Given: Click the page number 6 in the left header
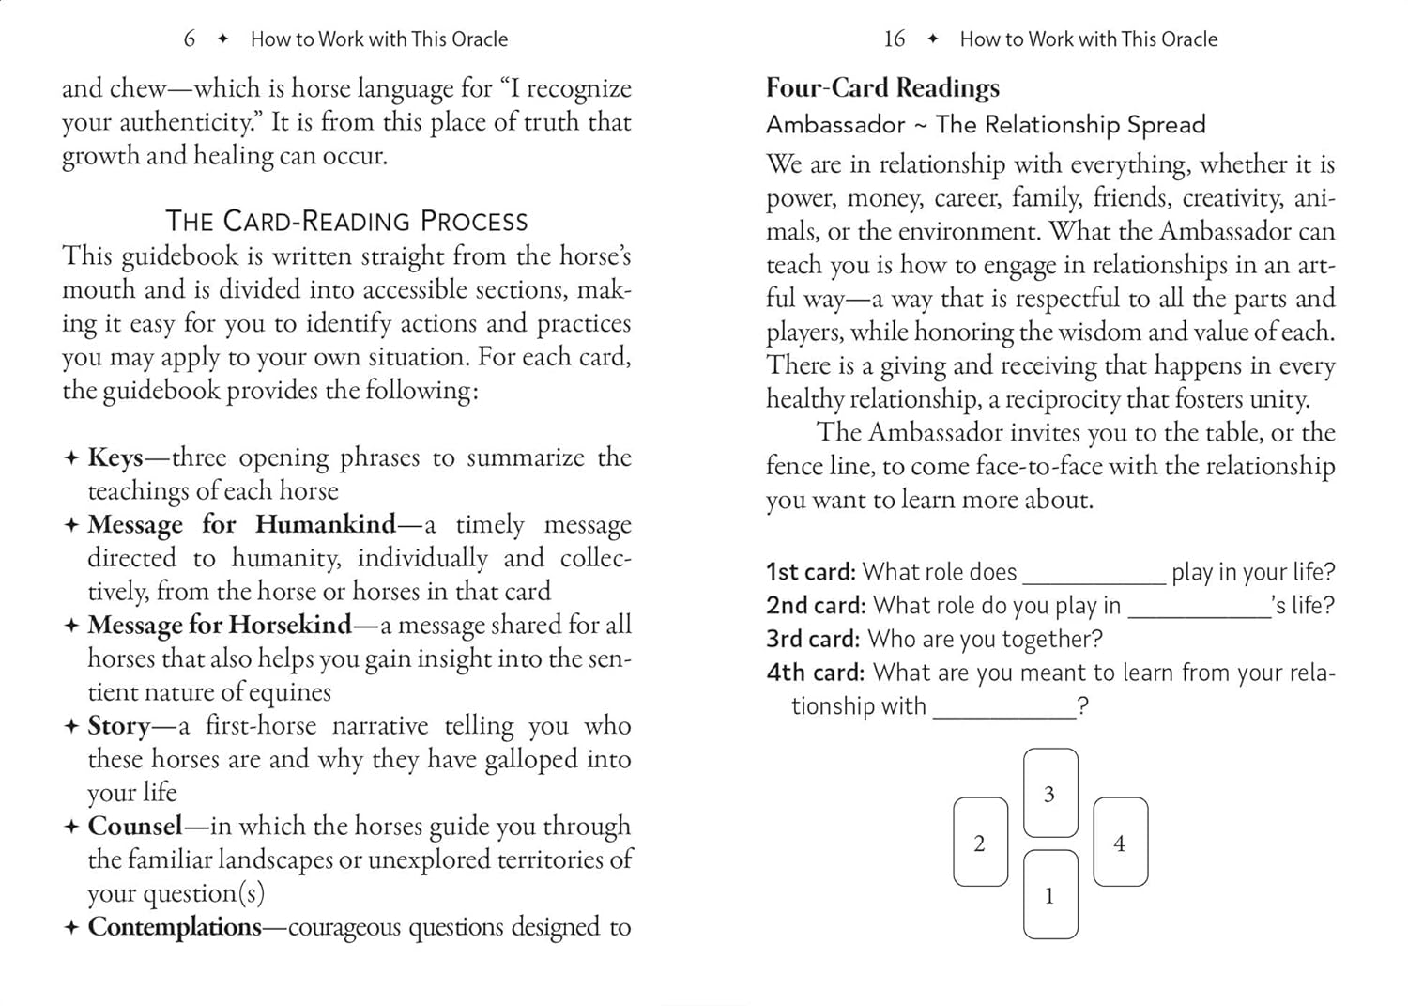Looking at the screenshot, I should (x=190, y=39).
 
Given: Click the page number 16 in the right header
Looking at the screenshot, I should (x=895, y=39).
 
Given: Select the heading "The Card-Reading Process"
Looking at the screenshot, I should (x=346, y=221).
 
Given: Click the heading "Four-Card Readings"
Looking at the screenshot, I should (x=882, y=88).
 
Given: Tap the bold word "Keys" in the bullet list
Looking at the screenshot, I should (x=115, y=457).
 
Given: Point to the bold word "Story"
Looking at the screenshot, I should (x=118, y=726).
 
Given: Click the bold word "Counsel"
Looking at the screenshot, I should (x=135, y=827).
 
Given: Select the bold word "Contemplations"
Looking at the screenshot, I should (x=175, y=927).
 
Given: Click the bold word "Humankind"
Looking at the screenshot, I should (x=326, y=524).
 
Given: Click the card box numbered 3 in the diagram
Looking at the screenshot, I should (x=1050, y=793).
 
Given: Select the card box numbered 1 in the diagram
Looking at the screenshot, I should (x=1050, y=894).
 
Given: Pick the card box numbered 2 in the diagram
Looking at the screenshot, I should (x=980, y=843).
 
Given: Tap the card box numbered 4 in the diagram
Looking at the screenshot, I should (x=1120, y=843).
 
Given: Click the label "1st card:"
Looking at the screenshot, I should (x=810, y=572).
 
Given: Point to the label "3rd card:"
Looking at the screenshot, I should (x=813, y=640).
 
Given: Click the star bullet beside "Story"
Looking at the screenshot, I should (x=71, y=726).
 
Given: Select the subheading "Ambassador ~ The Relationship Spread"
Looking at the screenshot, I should (x=986, y=125).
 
